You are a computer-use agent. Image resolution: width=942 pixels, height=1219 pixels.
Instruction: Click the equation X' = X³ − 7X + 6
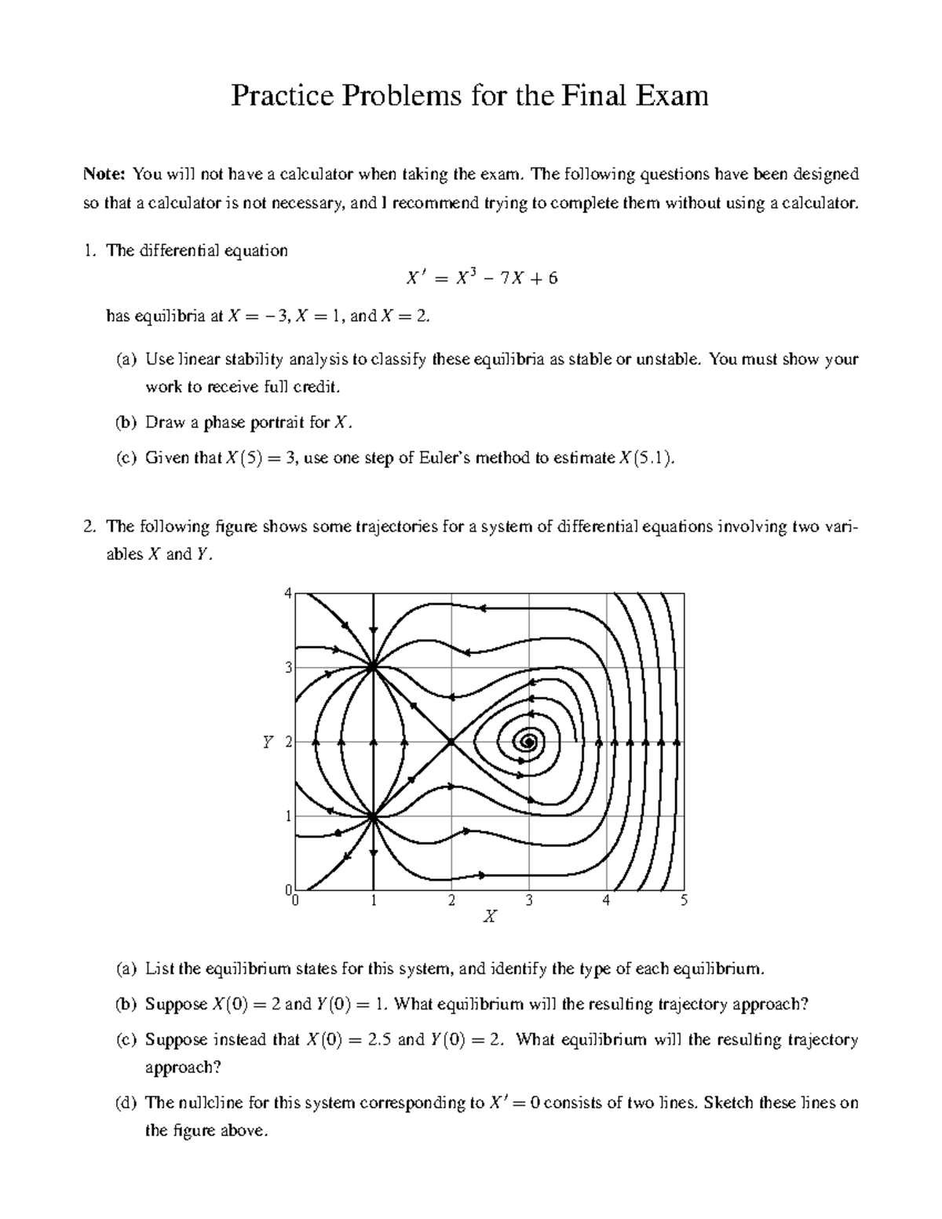481,278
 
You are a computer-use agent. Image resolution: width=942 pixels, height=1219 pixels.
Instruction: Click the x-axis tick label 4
606,900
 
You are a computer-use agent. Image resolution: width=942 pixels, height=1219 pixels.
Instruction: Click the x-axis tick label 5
684,900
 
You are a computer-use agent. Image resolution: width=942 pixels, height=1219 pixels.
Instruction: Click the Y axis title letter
268,742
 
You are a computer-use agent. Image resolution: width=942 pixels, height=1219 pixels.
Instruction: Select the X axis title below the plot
490,916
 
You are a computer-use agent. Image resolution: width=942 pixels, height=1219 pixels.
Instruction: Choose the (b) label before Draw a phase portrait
126,423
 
